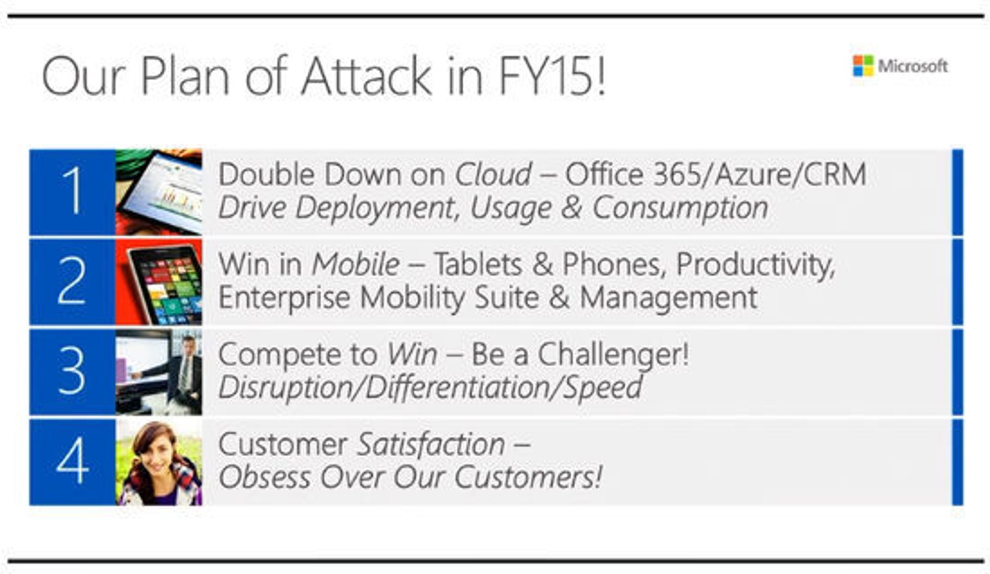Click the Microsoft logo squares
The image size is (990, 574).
coord(863,66)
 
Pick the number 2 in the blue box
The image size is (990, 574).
coord(72,280)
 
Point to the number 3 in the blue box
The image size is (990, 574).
coord(72,370)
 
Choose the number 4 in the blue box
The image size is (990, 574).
coord(73,461)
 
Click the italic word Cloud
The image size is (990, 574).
coord(493,174)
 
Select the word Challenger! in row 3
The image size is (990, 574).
coord(613,355)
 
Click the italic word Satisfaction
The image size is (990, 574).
coord(431,444)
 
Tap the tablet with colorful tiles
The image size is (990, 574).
coord(163,282)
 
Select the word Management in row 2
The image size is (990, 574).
coord(668,298)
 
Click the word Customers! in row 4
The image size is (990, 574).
coord(528,478)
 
